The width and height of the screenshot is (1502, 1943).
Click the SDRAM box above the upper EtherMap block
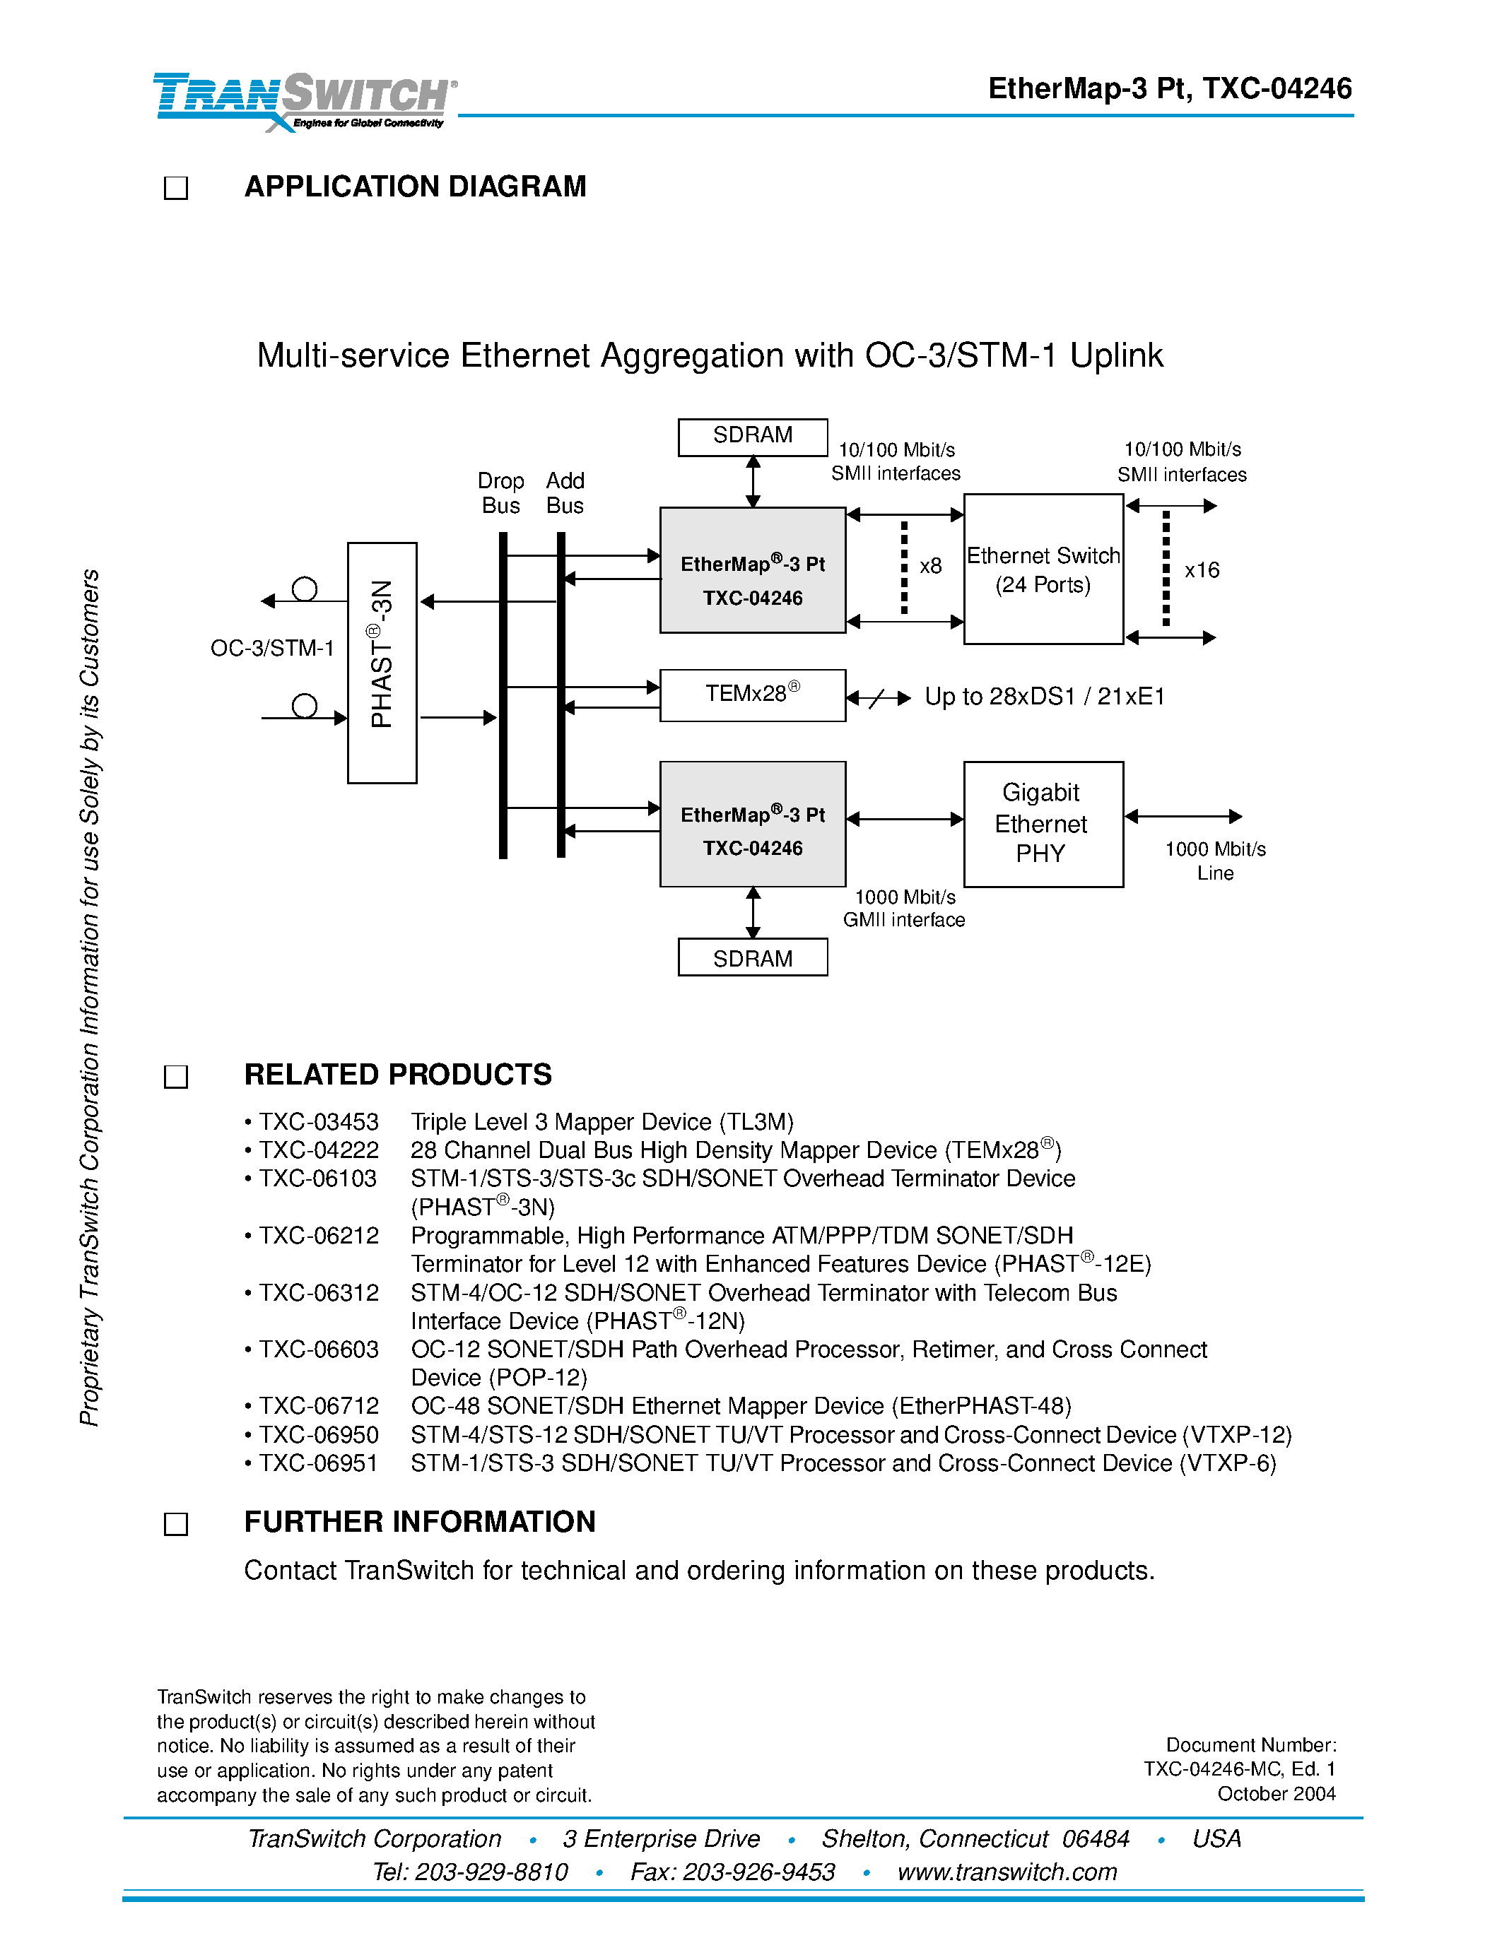(752, 437)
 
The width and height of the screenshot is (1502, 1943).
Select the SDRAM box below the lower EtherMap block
(752, 958)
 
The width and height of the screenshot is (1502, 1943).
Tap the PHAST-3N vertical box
(382, 663)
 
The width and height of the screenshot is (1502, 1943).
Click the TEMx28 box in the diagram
(752, 695)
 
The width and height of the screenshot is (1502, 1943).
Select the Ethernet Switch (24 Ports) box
(1043, 569)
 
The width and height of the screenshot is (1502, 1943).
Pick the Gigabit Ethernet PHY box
(1043, 824)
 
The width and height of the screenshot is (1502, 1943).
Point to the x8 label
(930, 567)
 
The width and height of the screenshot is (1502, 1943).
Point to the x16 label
(1201, 570)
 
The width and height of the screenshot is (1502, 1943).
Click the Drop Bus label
(501, 493)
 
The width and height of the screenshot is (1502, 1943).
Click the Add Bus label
(565, 493)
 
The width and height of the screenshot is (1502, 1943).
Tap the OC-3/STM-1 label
(272, 649)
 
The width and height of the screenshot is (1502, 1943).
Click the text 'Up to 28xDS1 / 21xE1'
(1045, 697)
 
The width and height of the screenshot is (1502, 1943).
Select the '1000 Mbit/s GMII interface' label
(904, 909)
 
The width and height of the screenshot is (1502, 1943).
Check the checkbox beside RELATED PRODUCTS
(176, 1077)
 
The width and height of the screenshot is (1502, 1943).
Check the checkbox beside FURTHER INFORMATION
(176, 1524)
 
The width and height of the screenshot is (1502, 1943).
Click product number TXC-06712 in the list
(319, 1407)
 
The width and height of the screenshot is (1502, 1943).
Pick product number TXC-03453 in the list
(319, 1122)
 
